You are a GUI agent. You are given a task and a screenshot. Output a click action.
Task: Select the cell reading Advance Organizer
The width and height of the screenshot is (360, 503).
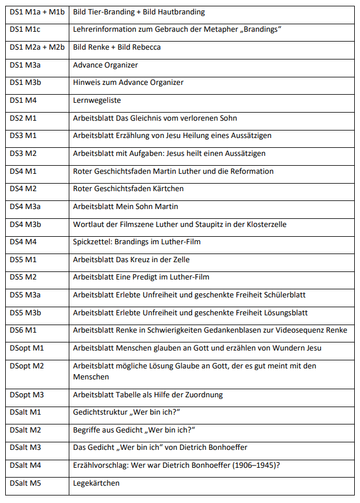point(105,65)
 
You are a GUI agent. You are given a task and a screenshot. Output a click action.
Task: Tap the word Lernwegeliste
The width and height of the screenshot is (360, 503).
point(97,100)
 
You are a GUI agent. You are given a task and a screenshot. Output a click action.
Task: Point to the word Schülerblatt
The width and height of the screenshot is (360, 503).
point(283,295)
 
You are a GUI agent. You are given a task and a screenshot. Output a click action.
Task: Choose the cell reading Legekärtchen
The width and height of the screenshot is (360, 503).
point(97,483)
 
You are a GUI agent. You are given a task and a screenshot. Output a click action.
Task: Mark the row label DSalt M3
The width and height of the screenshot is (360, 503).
point(26,448)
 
